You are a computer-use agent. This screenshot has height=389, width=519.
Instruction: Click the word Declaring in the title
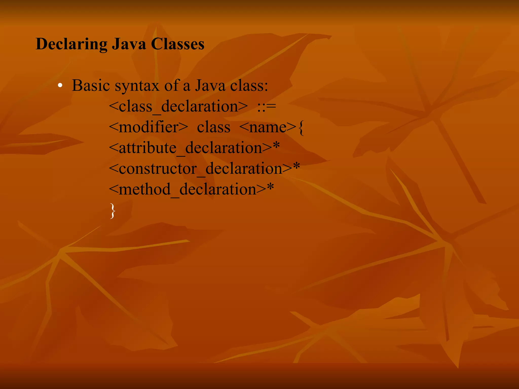(71, 44)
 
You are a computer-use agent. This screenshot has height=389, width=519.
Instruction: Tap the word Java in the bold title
(129, 44)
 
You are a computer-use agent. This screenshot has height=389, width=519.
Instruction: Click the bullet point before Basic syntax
(60, 86)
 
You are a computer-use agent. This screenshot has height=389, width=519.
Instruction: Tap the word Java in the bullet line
(210, 86)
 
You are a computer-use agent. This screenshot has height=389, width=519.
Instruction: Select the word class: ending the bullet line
(249, 86)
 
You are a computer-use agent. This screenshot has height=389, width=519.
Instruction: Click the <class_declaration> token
(178, 106)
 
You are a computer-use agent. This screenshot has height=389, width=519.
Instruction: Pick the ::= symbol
(266, 106)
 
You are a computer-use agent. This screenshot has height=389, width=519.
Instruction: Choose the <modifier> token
(149, 127)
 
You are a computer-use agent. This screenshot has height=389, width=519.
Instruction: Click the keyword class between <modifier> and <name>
(214, 127)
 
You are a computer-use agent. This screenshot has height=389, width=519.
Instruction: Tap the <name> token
(268, 127)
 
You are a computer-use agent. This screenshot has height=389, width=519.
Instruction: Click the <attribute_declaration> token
(190, 148)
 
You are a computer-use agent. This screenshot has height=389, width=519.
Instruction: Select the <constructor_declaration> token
(200, 169)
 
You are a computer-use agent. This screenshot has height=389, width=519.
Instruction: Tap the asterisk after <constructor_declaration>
(296, 167)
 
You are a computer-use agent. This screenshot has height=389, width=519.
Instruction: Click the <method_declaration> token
(188, 189)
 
